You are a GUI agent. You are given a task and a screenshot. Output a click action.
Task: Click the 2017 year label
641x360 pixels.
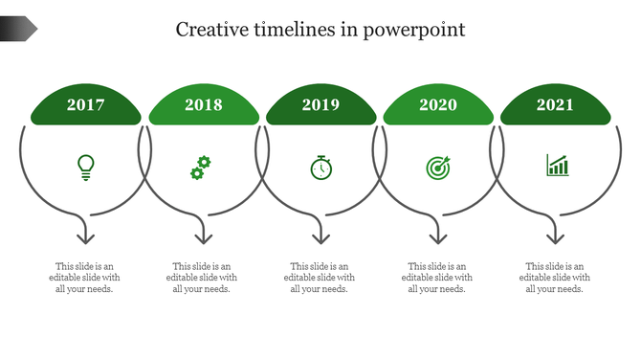(86, 105)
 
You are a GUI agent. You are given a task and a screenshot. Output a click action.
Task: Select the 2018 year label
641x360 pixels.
(203, 105)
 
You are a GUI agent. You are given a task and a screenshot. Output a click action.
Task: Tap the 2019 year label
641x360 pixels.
(320, 105)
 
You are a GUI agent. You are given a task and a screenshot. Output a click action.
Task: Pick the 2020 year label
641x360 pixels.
(438, 105)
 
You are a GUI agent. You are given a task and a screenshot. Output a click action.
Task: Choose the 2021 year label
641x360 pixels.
(555, 105)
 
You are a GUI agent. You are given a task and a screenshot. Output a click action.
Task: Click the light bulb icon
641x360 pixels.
(86, 168)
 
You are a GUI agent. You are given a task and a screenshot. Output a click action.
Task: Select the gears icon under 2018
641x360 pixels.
(200, 168)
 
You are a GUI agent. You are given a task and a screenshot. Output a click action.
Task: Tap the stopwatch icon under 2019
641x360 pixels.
(320, 168)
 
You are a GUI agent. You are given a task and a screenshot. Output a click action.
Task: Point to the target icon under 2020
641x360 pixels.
(437, 168)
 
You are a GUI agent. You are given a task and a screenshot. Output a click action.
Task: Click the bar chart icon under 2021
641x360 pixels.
(557, 166)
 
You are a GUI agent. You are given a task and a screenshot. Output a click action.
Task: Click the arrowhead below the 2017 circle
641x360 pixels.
(86, 236)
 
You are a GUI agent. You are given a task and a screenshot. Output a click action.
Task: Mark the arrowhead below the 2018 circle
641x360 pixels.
(203, 236)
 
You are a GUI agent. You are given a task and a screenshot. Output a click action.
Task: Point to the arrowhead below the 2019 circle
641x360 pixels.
(320, 236)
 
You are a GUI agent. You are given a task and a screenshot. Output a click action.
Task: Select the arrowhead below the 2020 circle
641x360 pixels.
(438, 236)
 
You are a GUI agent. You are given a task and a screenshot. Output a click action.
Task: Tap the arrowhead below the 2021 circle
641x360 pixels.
(555, 236)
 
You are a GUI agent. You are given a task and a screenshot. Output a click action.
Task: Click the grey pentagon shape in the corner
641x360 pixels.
(18, 29)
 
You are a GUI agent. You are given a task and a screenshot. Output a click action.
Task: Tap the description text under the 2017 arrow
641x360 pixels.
(86, 278)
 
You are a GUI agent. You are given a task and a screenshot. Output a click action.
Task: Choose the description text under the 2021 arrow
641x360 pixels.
(555, 278)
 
